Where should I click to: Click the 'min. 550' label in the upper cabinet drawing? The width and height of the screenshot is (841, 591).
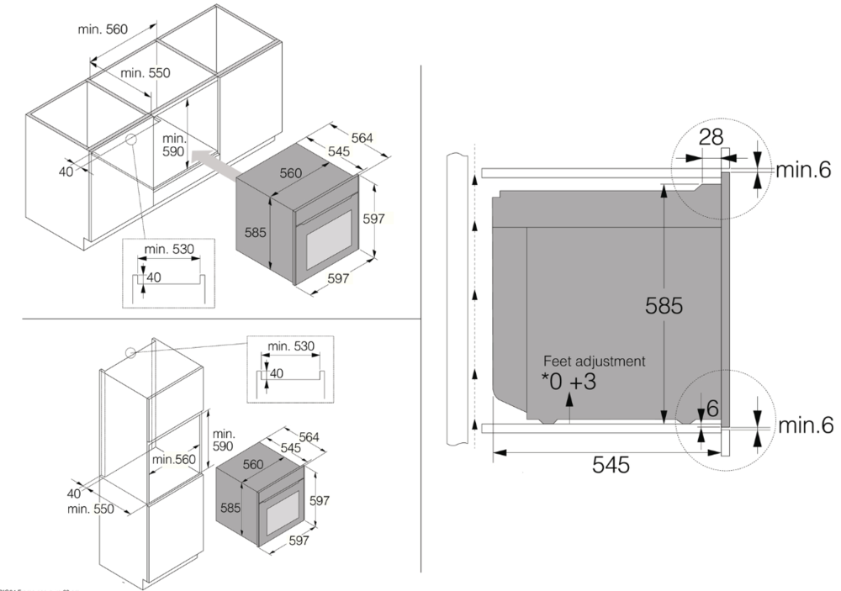(x=145, y=73)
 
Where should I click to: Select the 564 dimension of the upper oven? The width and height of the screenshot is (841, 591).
(x=362, y=138)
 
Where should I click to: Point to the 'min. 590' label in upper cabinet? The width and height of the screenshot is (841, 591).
(x=173, y=145)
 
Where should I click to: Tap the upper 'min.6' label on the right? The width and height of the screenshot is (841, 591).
(x=803, y=171)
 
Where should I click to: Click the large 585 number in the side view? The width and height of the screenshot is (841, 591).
(x=664, y=306)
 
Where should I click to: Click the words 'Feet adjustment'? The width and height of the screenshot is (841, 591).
(x=595, y=361)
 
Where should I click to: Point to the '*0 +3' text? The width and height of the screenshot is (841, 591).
(x=570, y=383)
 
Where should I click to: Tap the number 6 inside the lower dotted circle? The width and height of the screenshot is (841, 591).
(x=712, y=409)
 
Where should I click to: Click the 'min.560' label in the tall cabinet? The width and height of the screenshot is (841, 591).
(x=174, y=459)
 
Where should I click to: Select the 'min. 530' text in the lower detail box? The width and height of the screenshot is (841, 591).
(x=291, y=346)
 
